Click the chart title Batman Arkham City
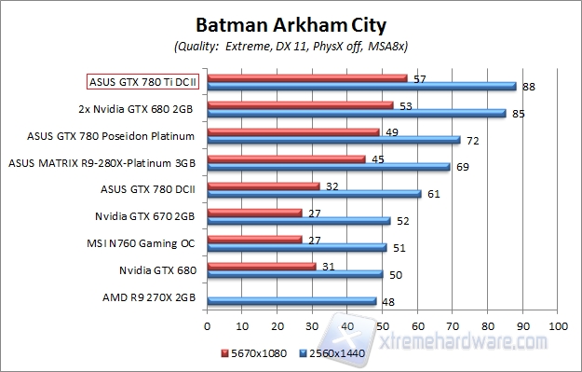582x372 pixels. tap(291, 22)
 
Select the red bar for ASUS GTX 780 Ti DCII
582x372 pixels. tap(307, 77)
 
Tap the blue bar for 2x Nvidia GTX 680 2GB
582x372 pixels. tap(357, 114)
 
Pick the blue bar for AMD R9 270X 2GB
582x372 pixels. tap(291, 301)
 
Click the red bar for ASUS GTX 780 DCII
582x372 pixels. tap(264, 186)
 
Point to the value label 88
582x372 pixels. tap(528, 87)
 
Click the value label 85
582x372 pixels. tap(518, 114)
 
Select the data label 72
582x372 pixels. tap(472, 140)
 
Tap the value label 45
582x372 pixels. tap(377, 158)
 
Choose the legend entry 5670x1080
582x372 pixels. tap(255, 354)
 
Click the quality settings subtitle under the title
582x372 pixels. tap(291, 45)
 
